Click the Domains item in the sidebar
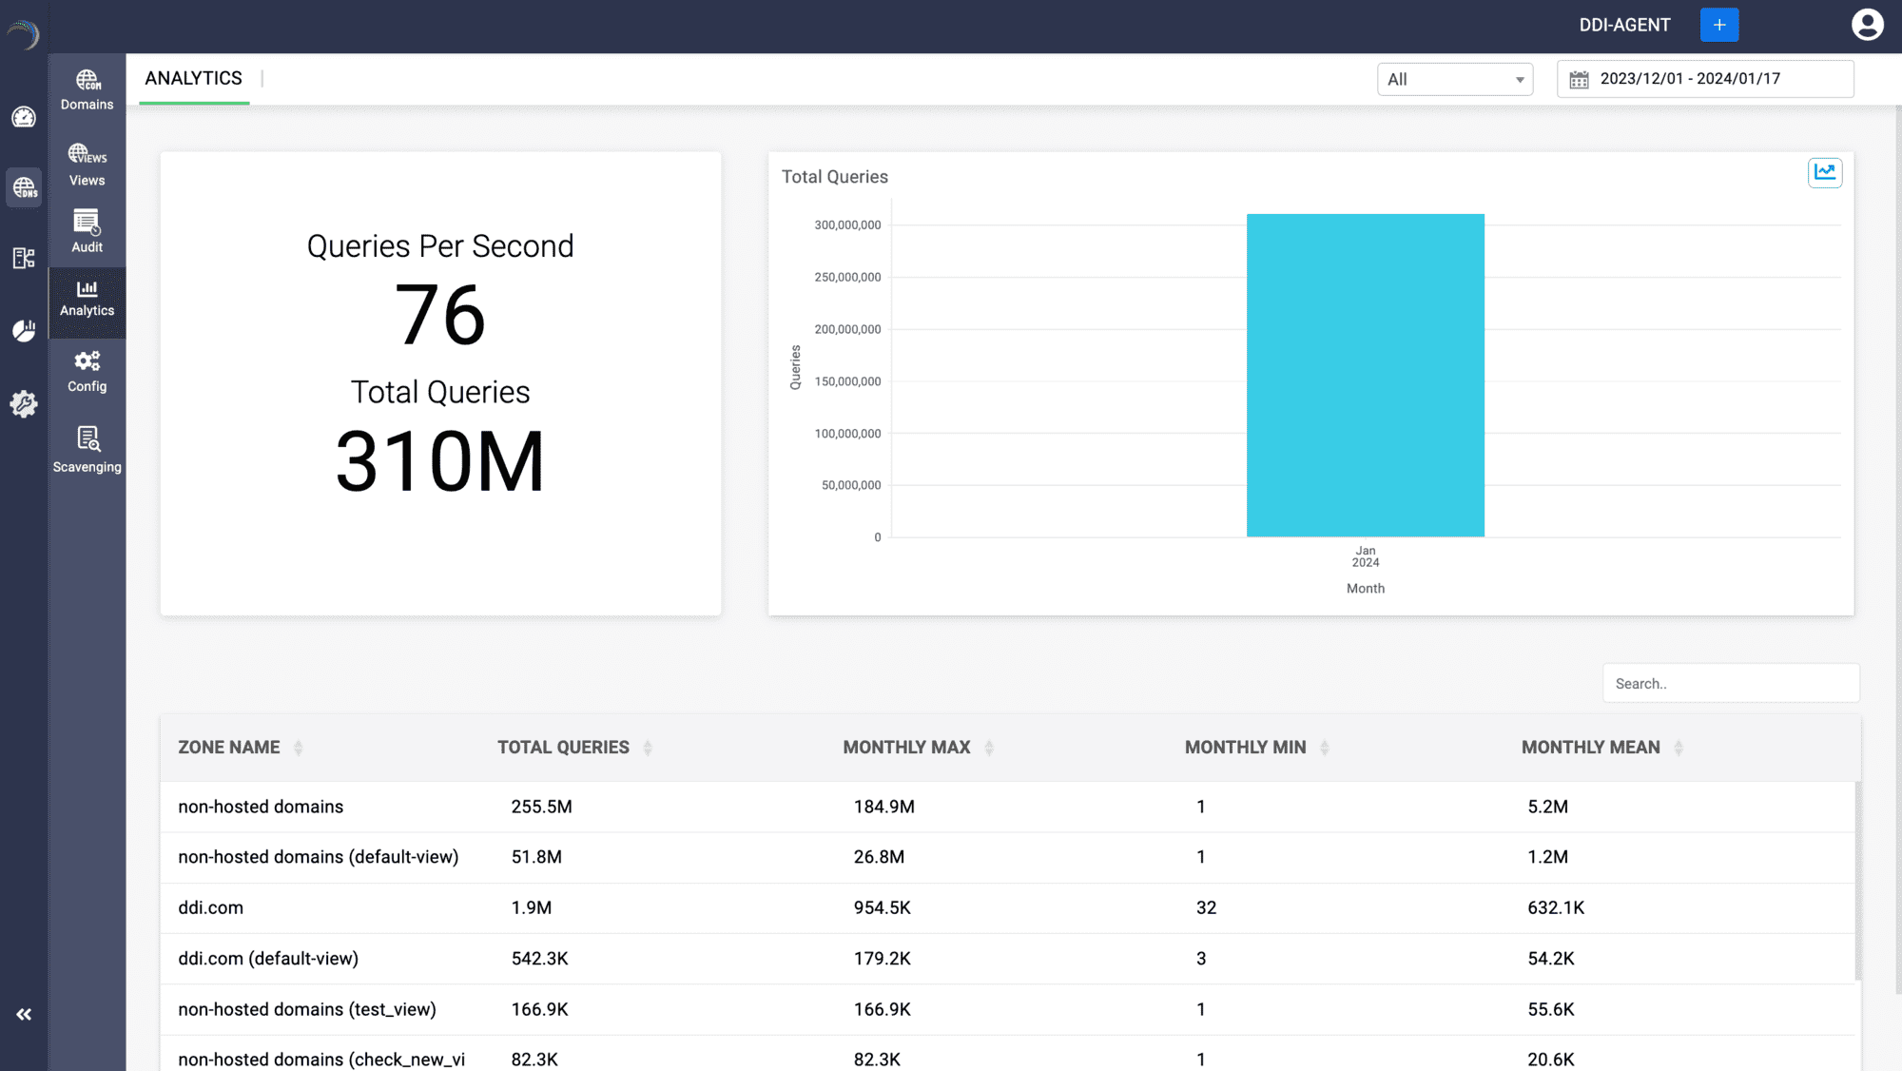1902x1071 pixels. (87, 90)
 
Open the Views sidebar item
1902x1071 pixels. (87, 166)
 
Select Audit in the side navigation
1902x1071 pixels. (87, 232)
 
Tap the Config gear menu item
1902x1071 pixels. (87, 371)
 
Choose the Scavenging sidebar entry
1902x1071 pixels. (87, 450)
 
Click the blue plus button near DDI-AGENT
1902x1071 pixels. (1718, 25)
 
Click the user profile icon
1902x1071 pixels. (1867, 25)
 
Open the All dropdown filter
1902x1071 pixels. (1454, 80)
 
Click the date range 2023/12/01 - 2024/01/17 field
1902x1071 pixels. (1704, 79)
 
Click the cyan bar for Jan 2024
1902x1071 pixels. (1365, 376)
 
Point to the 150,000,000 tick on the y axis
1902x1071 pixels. (847, 381)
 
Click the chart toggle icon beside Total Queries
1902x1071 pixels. (1824, 172)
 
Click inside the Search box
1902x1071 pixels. (1730, 684)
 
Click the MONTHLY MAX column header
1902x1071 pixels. (906, 748)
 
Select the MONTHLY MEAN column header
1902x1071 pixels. (1590, 748)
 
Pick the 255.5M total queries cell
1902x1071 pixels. (541, 807)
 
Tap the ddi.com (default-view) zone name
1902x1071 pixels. (268, 959)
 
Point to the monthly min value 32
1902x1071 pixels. (1206, 908)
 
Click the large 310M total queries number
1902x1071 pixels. (439, 462)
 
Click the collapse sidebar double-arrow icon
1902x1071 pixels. (24, 1015)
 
